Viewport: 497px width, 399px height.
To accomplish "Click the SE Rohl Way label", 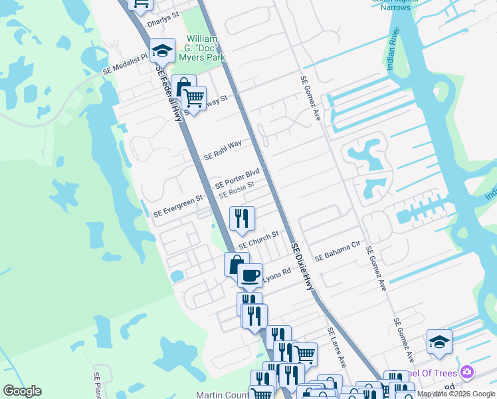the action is [223, 149].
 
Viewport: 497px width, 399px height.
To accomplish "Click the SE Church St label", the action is [258, 239].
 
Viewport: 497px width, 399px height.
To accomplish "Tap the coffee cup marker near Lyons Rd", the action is [250, 275].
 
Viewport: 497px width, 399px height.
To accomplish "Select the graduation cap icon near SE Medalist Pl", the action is [161, 51].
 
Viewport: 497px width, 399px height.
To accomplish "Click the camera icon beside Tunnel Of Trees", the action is [467, 371].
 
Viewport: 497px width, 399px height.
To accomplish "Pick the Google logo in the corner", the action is [23, 391].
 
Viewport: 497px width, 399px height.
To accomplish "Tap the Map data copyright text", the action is [456, 394].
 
